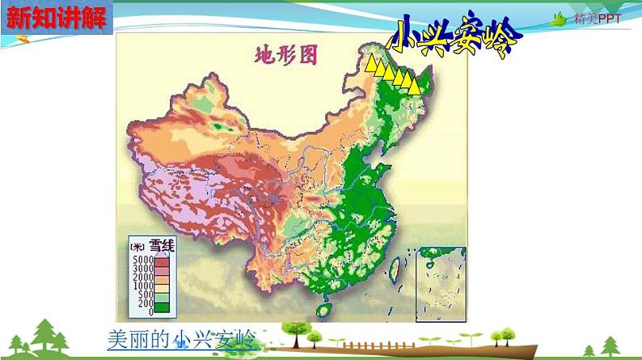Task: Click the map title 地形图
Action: point(285,56)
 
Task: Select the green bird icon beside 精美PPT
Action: point(559,19)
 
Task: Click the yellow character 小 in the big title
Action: point(407,36)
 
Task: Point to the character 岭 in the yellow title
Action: point(496,42)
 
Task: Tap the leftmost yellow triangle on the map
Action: point(370,64)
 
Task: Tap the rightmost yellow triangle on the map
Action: point(417,85)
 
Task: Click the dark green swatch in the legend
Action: point(162,307)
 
